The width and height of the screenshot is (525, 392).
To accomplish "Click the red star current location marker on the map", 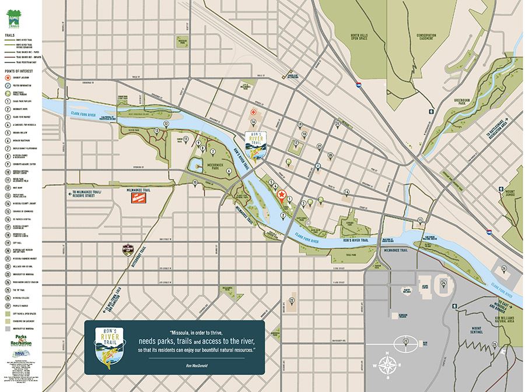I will pos(281,194).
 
